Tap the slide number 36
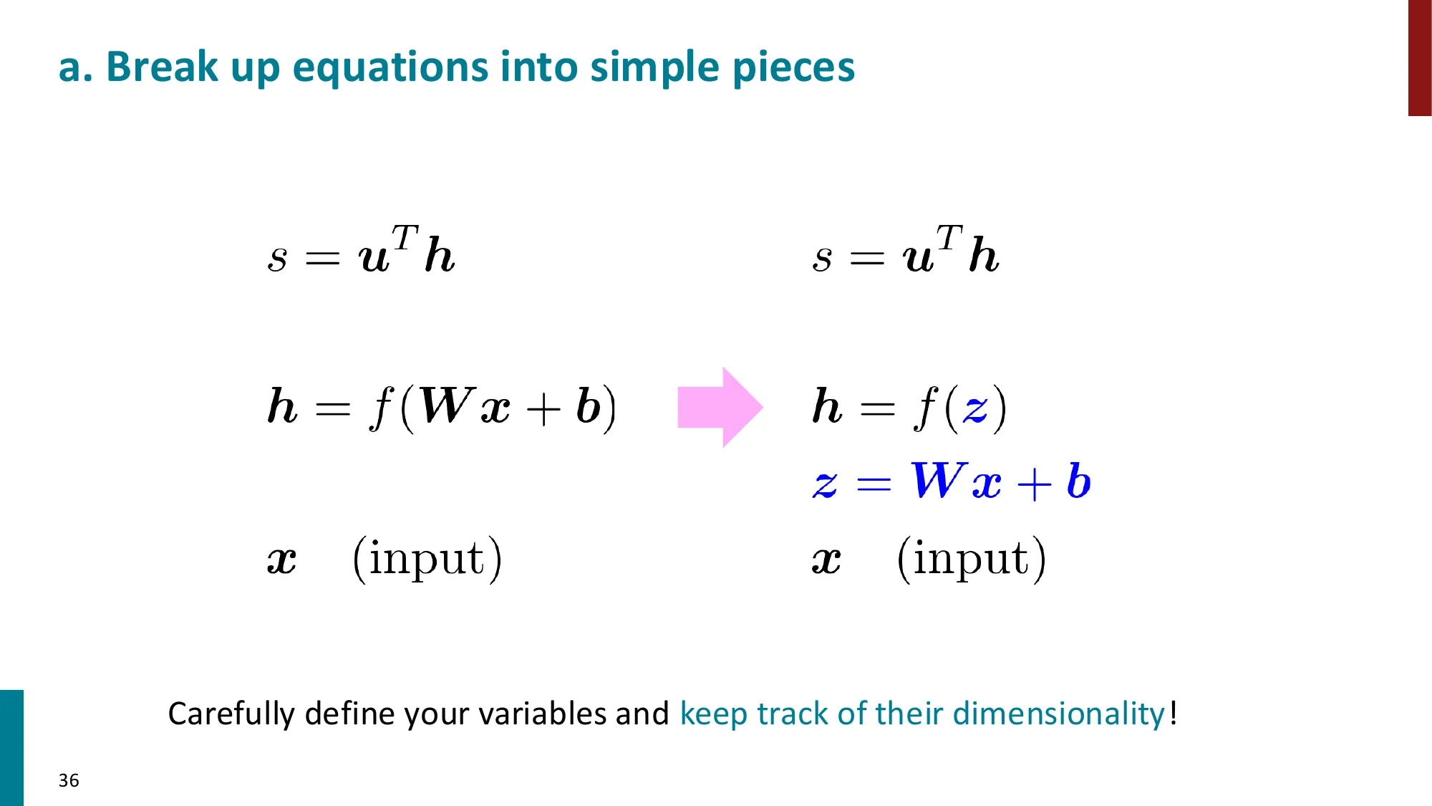(69, 780)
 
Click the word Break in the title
(162, 67)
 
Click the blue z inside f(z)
(975, 409)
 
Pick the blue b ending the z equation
(1078, 481)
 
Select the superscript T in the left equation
(405, 238)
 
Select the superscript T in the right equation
(949, 238)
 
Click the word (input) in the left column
(427, 559)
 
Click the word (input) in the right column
(972, 559)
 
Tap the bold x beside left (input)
(281, 560)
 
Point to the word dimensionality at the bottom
(1058, 714)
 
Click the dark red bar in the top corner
(1420, 57)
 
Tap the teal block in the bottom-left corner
(11, 747)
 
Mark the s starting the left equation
(277, 259)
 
